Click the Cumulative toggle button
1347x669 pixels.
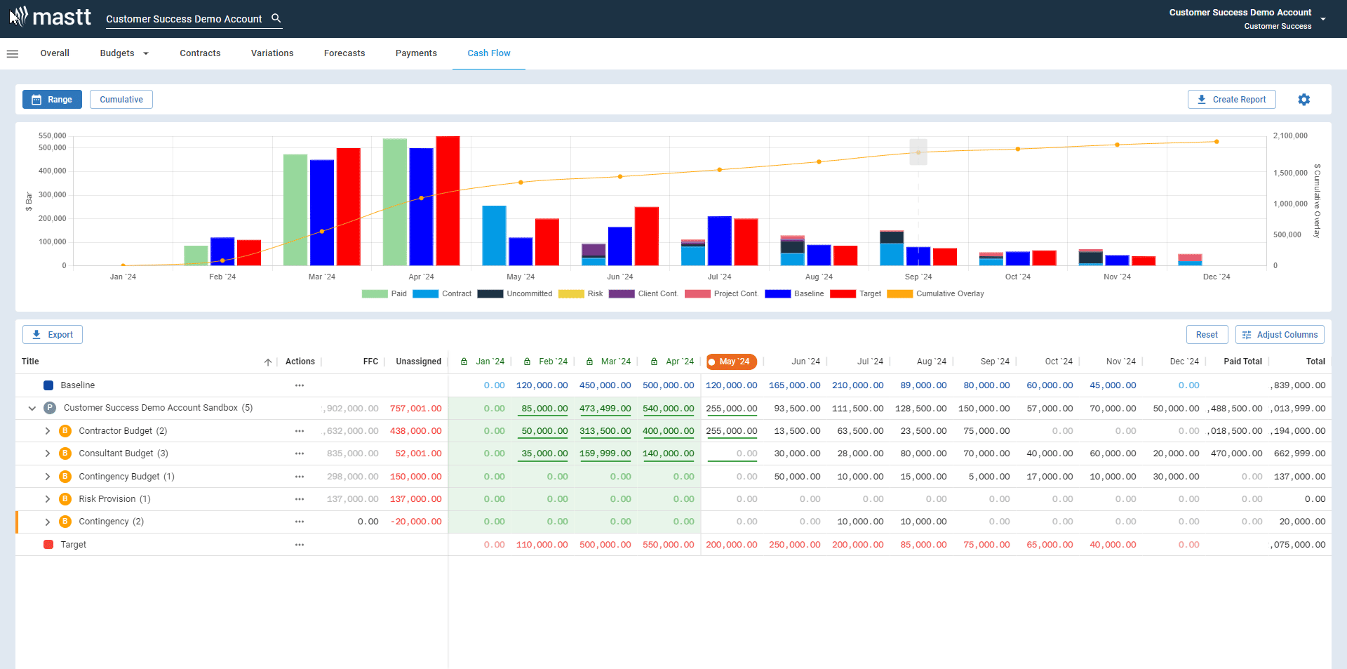click(121, 100)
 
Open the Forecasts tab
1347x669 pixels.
click(344, 53)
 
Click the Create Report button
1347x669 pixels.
click(1231, 100)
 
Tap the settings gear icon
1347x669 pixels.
click(1304, 100)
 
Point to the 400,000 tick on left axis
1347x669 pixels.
click(53, 171)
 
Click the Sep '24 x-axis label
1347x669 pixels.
click(918, 277)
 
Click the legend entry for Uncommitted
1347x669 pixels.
click(515, 294)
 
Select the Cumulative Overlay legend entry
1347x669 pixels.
click(936, 294)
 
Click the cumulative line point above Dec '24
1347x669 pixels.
click(1217, 142)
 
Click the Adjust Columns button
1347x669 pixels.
click(1280, 335)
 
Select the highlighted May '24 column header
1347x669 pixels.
click(732, 362)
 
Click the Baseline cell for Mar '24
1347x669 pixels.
click(605, 385)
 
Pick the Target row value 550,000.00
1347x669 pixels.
click(668, 545)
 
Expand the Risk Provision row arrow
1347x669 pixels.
click(48, 499)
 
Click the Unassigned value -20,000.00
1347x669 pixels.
click(416, 522)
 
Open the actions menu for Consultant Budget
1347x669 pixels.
click(300, 453)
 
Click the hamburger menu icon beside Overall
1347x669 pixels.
click(13, 53)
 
